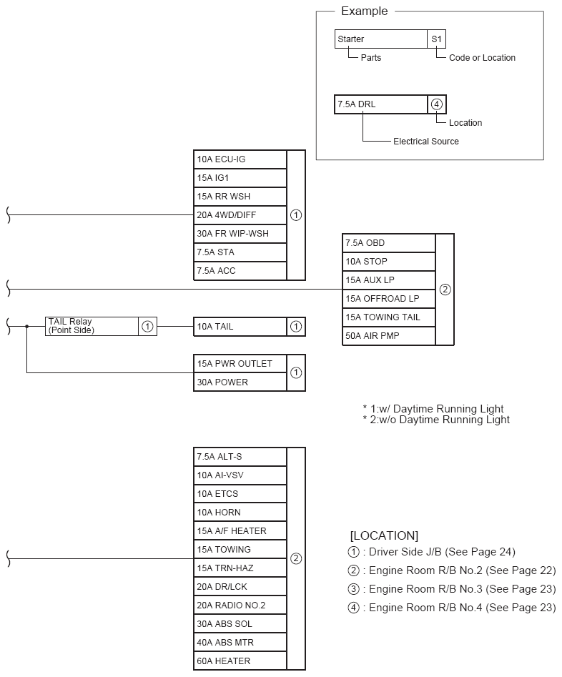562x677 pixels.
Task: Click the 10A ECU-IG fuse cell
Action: click(x=240, y=159)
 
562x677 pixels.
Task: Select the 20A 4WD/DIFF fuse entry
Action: click(x=240, y=215)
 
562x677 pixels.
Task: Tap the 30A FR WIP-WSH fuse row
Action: click(x=240, y=234)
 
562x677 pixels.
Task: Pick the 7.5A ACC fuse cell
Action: click(x=240, y=271)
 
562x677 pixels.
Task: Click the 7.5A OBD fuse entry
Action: click(x=389, y=243)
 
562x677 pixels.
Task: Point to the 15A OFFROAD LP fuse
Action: click(x=389, y=299)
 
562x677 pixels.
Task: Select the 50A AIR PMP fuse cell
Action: click(x=389, y=336)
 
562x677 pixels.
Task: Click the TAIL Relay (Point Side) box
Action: click(x=92, y=326)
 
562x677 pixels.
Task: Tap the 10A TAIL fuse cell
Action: click(x=240, y=327)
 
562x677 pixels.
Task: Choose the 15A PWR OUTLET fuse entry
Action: click(x=240, y=364)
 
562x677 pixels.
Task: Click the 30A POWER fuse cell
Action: click(x=240, y=382)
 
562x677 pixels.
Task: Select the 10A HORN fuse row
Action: click(x=240, y=513)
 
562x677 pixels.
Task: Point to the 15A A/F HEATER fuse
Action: click(x=240, y=531)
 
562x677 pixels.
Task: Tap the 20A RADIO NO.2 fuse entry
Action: click(x=240, y=606)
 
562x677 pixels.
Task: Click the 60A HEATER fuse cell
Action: click(x=240, y=661)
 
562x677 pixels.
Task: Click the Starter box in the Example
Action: click(x=380, y=39)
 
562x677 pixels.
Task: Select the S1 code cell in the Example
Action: click(x=436, y=39)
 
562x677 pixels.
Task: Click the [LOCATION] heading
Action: click(x=384, y=535)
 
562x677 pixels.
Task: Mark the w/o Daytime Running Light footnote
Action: click(x=436, y=420)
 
